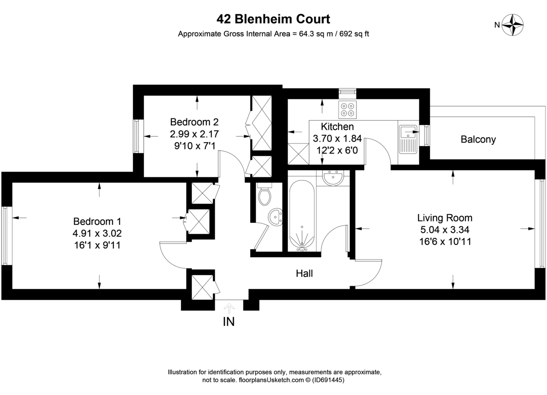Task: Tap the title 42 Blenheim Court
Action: (x=273, y=19)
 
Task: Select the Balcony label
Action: (x=478, y=139)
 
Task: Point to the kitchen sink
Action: (x=408, y=139)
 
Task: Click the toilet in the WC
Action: (x=264, y=195)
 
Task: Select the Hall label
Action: (x=304, y=273)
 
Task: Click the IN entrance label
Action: (x=228, y=322)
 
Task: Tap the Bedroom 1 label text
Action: (x=97, y=221)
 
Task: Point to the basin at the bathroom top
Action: (x=333, y=178)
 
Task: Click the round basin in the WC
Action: (x=275, y=216)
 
